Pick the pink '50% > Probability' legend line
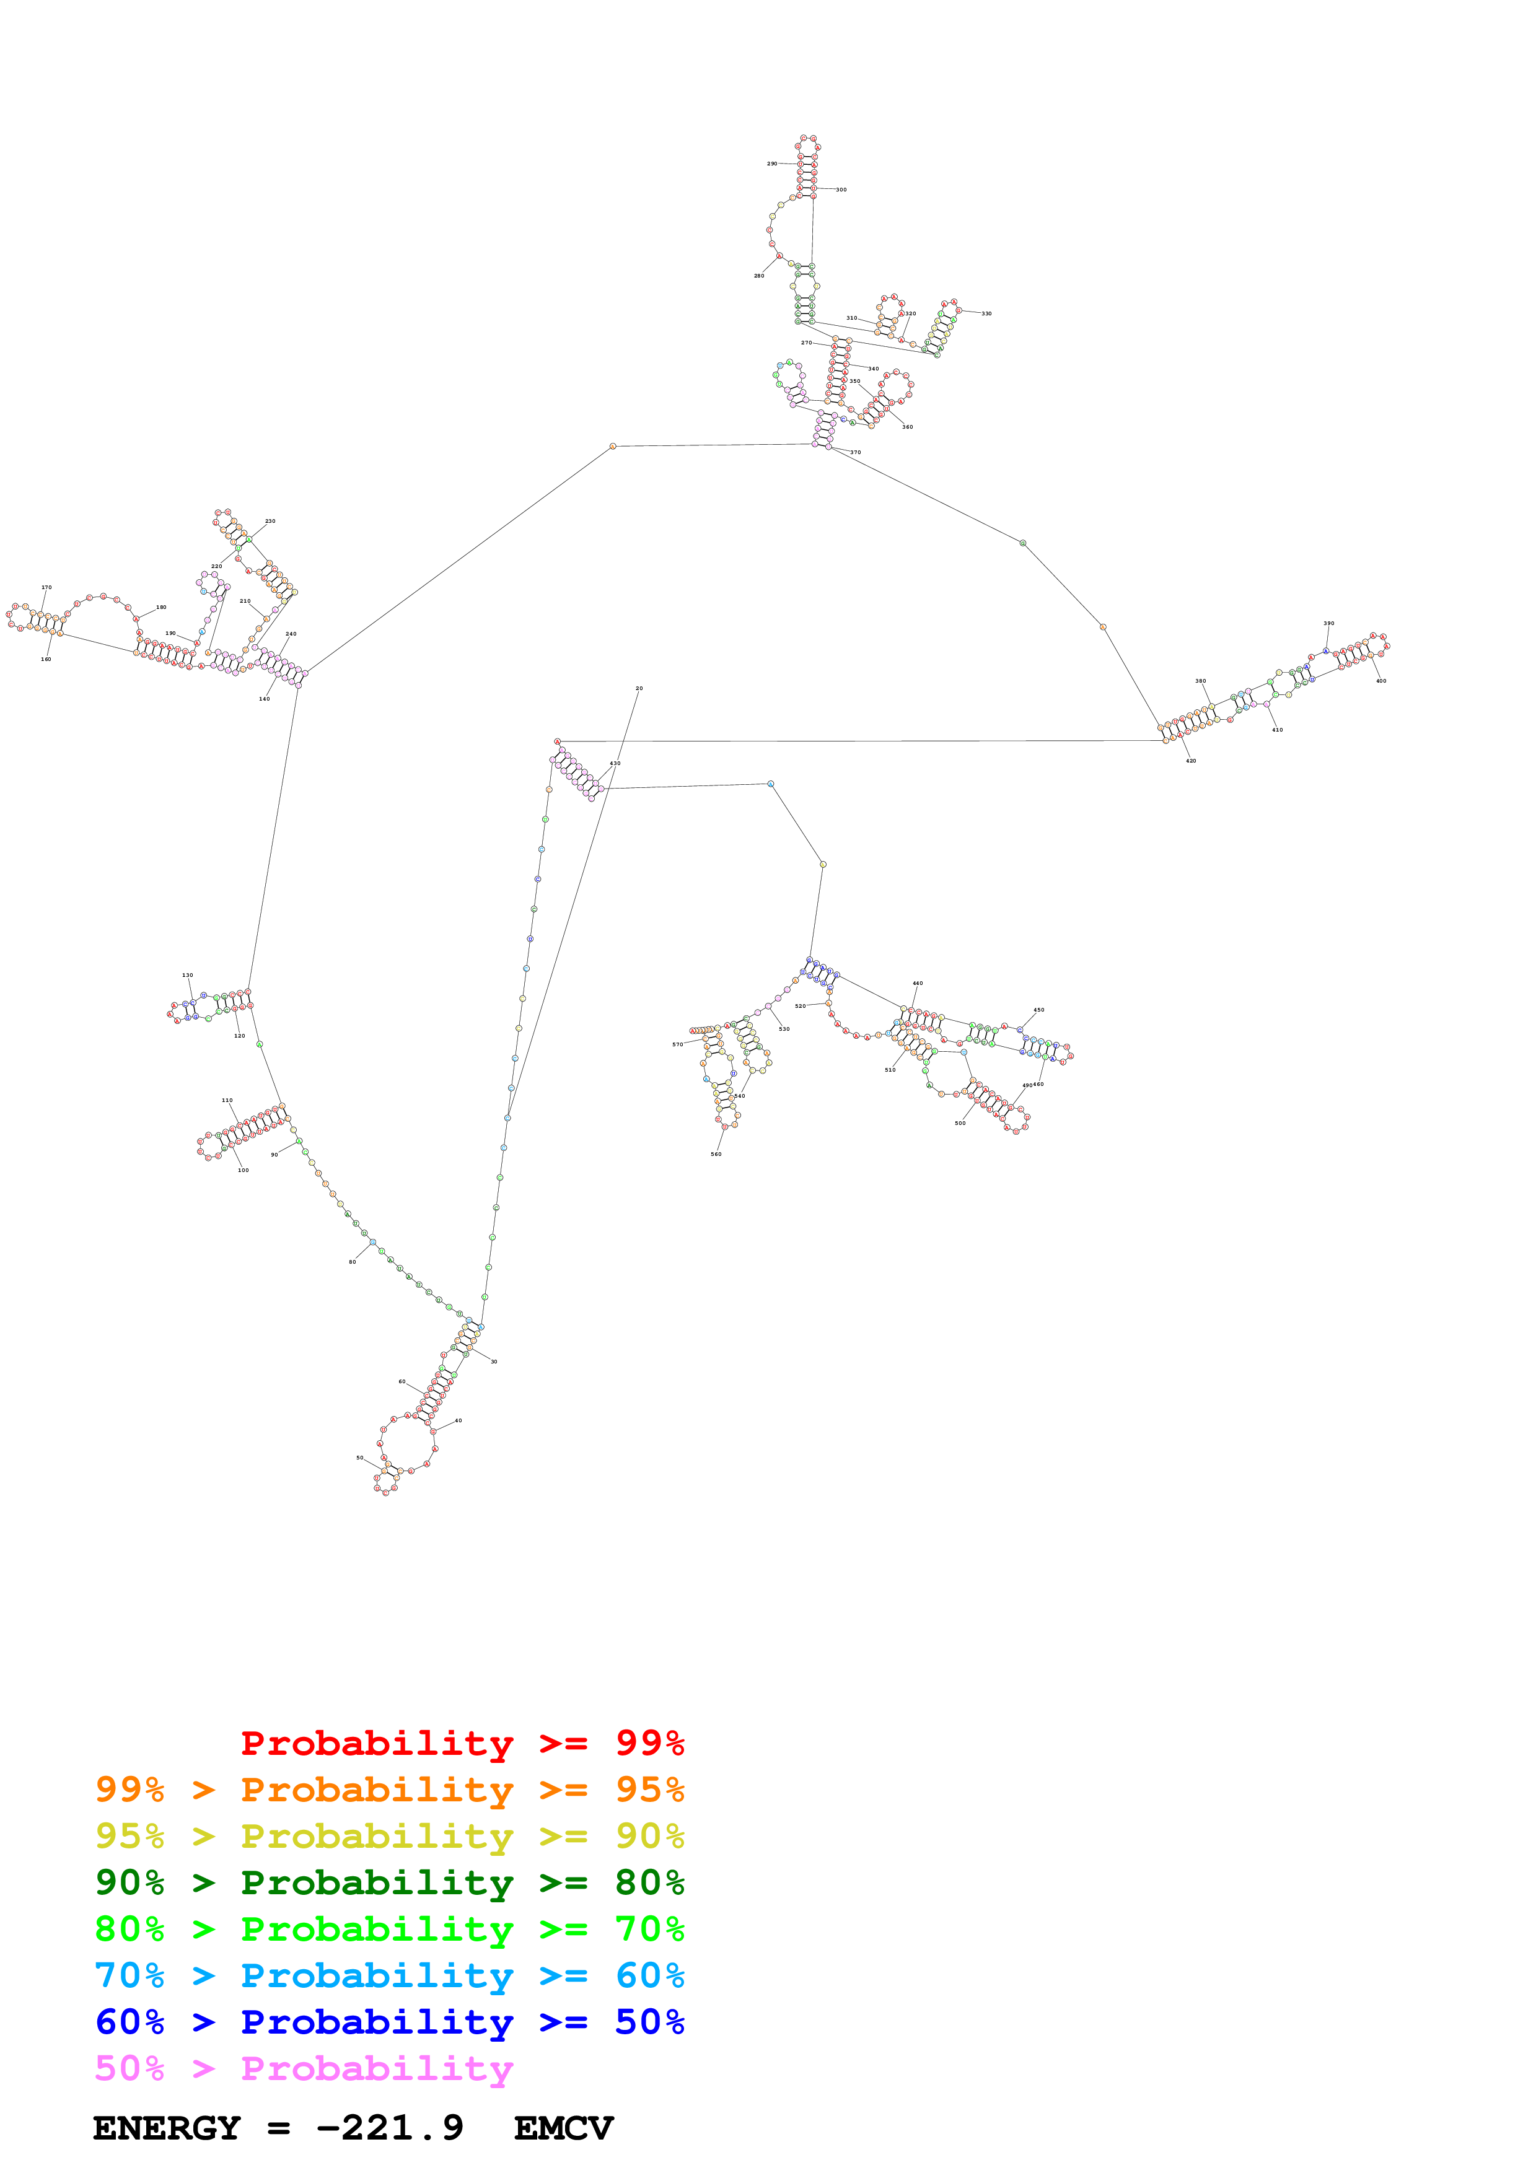[304, 2070]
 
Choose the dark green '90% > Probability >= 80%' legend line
[389, 1883]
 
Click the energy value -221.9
[389, 2128]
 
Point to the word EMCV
[563, 2128]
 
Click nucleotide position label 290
[771, 164]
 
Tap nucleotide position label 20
[639, 689]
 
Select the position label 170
[46, 588]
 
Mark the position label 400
[1381, 681]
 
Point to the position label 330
[986, 313]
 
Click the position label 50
[359, 1458]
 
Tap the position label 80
[352, 1262]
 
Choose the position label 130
[187, 975]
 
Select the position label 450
[1039, 1010]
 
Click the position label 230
[270, 522]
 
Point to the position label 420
[1190, 761]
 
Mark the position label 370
[856, 452]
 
